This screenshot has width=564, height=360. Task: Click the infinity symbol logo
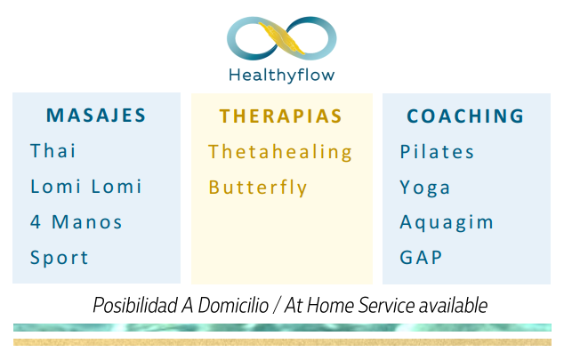281,37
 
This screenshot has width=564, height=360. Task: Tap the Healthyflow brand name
282,76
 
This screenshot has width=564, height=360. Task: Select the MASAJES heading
96,116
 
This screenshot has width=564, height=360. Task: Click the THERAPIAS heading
280,116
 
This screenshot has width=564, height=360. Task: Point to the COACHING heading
465,116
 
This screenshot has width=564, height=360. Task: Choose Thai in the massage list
52,150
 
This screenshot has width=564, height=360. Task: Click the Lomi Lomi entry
86,186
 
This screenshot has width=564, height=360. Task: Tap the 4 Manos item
77,221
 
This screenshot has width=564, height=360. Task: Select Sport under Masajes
60,258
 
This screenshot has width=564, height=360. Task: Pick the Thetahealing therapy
280,152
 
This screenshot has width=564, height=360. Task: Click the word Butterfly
258,188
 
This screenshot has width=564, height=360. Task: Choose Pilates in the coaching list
437,151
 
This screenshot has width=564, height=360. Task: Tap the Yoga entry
425,188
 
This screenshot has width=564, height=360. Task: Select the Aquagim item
447,222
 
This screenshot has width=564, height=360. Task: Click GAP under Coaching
421,257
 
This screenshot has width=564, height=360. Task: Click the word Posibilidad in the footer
135,306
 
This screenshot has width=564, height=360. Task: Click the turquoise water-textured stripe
282,327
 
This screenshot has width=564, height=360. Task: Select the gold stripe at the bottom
282,342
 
